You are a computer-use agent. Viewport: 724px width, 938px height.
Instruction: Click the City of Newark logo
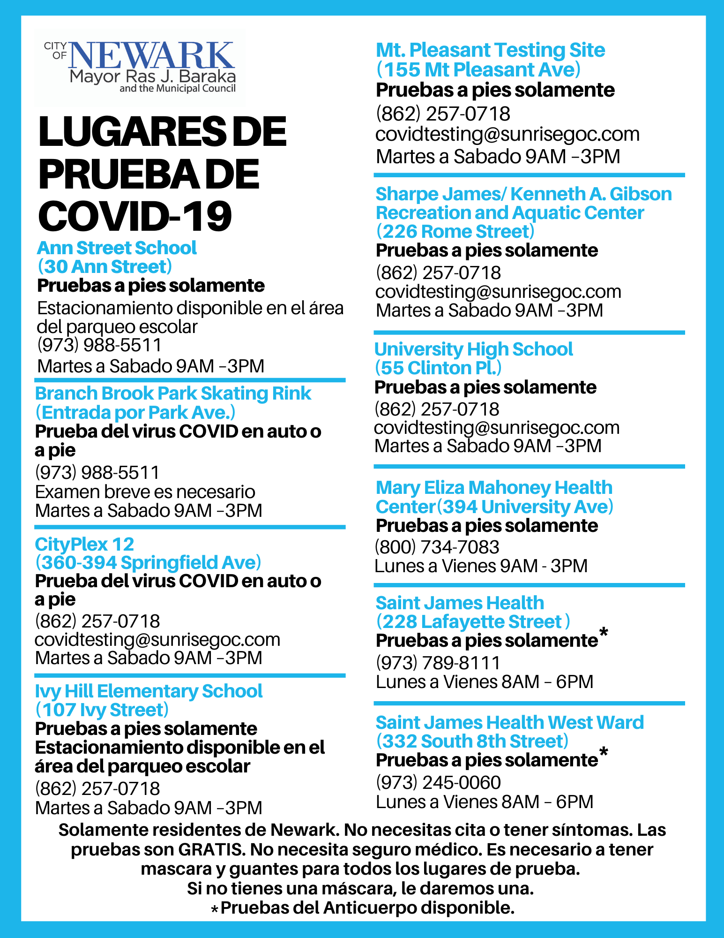pos(140,67)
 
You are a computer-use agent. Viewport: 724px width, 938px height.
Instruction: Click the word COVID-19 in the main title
pos(135,217)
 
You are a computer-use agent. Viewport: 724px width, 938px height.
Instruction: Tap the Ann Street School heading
pos(117,248)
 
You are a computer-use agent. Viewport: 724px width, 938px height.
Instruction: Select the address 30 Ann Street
pos(104,267)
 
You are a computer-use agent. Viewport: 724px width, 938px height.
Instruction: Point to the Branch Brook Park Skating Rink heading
pos(173,393)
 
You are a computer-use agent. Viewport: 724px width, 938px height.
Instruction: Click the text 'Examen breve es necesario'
pos(145,492)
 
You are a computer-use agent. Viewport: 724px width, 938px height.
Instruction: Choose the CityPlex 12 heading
pos(84,545)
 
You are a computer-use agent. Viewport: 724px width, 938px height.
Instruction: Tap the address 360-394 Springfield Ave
pos(148,562)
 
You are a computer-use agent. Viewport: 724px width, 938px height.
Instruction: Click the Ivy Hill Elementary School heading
pos(149,691)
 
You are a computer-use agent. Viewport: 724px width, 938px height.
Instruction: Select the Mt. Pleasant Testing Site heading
pos(490,50)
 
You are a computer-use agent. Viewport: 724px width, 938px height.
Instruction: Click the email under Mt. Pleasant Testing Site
pos(507,134)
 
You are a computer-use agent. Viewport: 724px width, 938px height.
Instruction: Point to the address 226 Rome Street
pos(455,232)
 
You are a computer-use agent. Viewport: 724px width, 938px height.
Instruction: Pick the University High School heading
pos(473,349)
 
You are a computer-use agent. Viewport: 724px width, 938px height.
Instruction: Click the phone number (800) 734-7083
pos(437,547)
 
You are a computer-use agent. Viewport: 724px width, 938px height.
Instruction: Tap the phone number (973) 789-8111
pos(438,663)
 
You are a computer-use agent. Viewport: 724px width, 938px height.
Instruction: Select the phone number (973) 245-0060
pos(438,782)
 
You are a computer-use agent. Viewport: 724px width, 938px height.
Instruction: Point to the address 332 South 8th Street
pos(472,741)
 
